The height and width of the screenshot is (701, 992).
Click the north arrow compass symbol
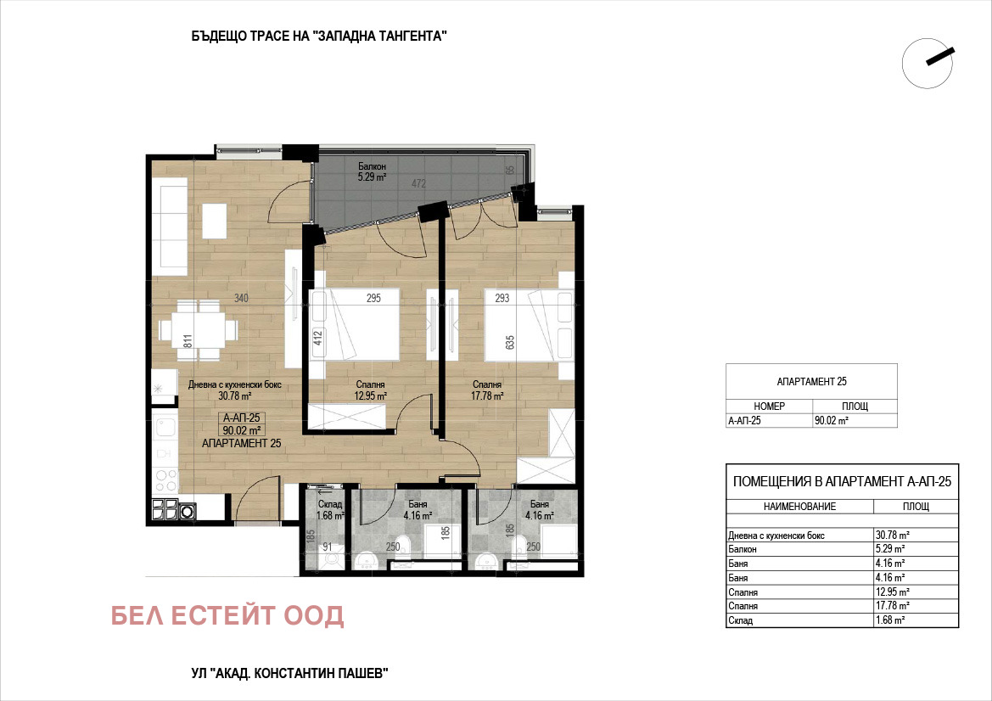point(928,63)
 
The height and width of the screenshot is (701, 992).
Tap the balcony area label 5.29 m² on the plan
point(372,177)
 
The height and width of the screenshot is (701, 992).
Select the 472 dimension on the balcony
point(419,183)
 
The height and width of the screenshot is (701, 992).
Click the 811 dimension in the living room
point(188,341)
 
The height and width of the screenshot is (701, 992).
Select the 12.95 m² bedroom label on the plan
point(370,396)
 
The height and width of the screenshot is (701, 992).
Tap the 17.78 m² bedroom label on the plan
point(487,396)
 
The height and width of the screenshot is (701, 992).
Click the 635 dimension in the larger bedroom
point(510,342)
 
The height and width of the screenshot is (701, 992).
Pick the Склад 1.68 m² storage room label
point(330,510)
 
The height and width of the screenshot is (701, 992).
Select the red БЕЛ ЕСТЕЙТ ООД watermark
point(227,615)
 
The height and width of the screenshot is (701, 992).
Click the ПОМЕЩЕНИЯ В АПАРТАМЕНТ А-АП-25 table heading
point(842,481)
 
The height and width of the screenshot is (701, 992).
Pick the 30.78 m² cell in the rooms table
point(892,536)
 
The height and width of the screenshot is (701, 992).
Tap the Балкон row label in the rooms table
point(743,549)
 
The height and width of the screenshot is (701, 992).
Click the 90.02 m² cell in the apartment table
point(832,420)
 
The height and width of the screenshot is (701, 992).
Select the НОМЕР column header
point(770,407)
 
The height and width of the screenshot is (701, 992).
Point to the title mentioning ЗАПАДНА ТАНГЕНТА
point(319,36)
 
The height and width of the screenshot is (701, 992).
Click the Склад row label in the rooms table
point(740,620)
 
